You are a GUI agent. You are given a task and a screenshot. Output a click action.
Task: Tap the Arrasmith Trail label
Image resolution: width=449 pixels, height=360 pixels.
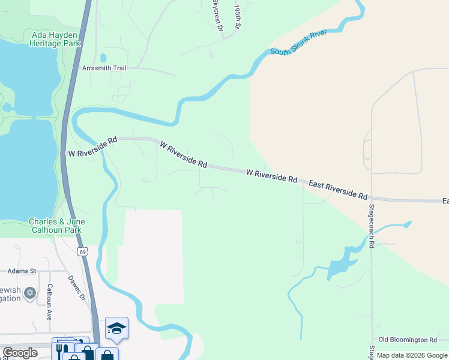[x=104, y=68]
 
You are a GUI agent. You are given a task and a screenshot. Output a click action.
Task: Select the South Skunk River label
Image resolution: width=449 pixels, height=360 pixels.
[x=298, y=43]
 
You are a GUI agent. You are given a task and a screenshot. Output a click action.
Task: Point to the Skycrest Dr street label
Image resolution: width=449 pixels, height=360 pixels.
[x=217, y=15]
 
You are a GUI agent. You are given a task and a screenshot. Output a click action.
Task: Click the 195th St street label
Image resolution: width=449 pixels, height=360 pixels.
[x=238, y=18]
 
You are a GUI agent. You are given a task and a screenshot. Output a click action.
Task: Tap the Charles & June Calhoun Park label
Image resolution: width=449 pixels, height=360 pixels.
[x=57, y=226]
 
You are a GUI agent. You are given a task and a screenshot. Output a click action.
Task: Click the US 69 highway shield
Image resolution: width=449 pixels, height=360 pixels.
[x=83, y=251]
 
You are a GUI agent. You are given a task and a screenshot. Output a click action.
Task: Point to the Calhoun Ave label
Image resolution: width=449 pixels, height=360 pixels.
[x=50, y=302]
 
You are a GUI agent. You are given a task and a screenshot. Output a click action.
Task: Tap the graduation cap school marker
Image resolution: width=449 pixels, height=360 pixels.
[x=116, y=328]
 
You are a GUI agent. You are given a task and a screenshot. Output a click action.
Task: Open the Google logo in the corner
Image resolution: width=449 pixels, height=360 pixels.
[x=20, y=353]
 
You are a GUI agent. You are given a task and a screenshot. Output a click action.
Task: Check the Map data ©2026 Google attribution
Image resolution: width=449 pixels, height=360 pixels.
[x=412, y=355]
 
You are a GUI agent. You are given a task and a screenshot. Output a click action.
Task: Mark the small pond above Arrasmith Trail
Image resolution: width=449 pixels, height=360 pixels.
[x=103, y=58]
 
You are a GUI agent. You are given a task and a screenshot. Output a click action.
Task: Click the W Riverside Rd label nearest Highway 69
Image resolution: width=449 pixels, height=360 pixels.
[x=92, y=147]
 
